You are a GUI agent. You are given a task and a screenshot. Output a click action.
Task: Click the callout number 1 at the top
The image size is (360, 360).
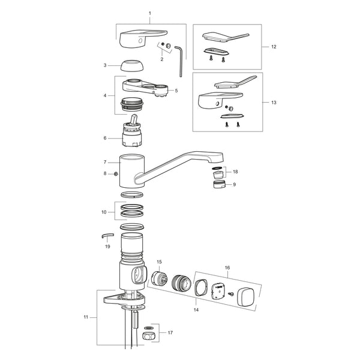(x=150, y=13)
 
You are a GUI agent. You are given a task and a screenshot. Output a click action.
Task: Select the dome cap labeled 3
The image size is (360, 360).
(x=130, y=66)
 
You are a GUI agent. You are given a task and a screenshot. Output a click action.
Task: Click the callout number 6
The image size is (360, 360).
(x=105, y=138)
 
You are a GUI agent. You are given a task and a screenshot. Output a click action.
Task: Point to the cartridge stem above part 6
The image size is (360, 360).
(x=134, y=119)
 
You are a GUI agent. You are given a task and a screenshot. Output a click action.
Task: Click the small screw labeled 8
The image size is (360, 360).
(x=116, y=174)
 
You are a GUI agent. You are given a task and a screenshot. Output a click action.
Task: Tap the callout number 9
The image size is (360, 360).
(x=234, y=184)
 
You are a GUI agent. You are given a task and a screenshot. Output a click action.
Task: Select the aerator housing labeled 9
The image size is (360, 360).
(x=220, y=184)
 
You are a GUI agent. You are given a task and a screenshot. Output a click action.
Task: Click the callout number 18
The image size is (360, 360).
(x=235, y=172)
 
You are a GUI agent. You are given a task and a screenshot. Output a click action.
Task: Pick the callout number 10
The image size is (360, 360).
(x=104, y=212)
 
